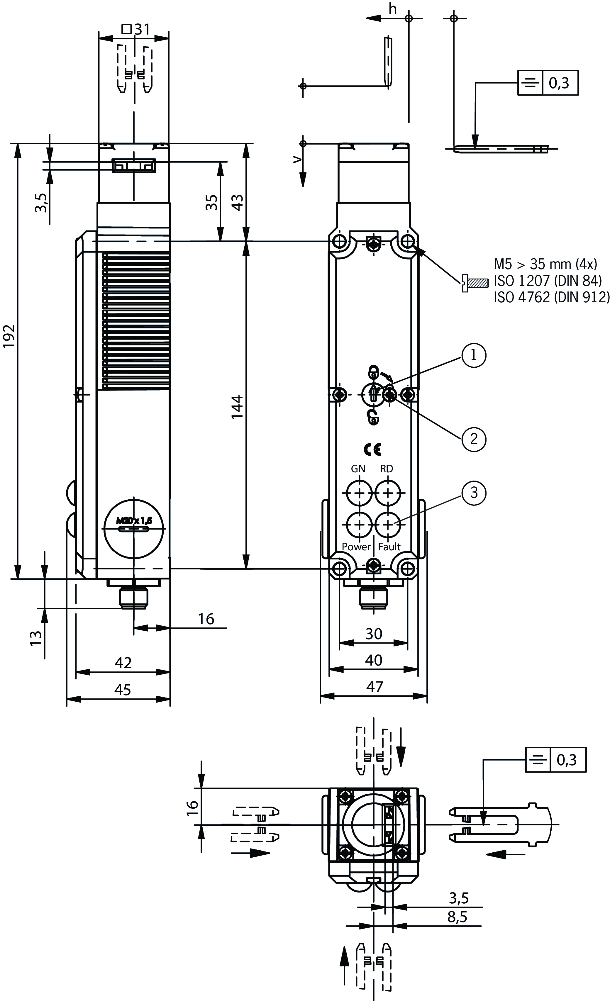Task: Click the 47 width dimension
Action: (374, 687)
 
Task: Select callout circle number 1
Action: (473, 355)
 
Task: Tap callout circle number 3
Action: (473, 493)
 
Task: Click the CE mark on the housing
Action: (372, 449)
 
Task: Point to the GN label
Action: (358, 469)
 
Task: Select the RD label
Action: (387, 469)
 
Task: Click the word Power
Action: (356, 547)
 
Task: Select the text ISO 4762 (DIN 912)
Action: (551, 297)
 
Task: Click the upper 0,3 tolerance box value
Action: (559, 83)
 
